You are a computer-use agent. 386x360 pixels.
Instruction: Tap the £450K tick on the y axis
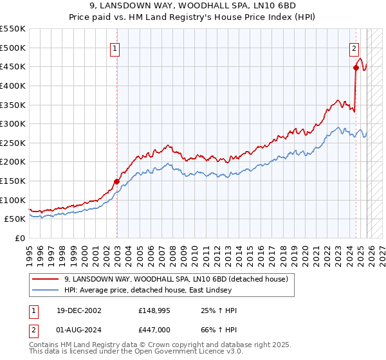(13, 66)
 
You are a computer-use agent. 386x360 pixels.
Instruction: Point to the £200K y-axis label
(13, 162)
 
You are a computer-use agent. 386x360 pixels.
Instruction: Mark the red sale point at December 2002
(116, 181)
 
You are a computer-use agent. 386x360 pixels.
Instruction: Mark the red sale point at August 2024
(356, 67)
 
